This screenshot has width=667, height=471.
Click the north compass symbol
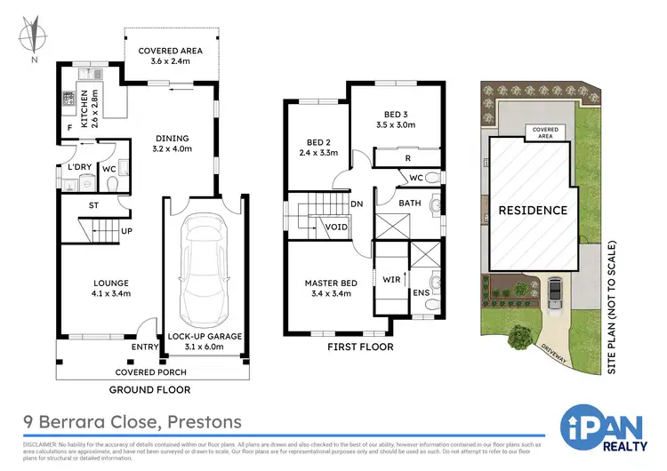(x=33, y=38)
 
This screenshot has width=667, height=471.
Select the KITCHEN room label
(x=90, y=109)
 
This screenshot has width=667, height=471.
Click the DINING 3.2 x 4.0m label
(x=171, y=144)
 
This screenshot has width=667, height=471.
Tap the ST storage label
(x=93, y=205)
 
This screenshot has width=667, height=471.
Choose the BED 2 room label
(x=317, y=148)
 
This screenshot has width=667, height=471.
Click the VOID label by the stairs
(x=336, y=227)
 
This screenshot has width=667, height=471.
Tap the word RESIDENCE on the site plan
(x=532, y=211)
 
